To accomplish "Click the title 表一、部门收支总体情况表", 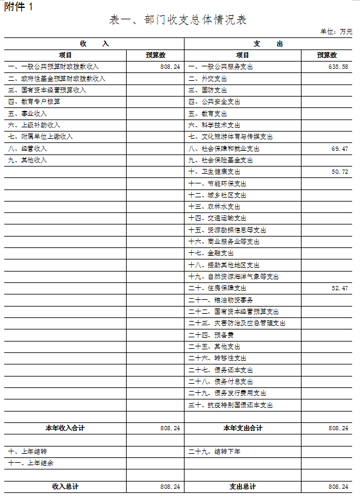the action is point(178,20).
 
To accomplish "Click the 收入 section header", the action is point(95,43).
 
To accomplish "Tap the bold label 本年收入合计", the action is point(65,428).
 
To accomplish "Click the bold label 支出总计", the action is point(242,486).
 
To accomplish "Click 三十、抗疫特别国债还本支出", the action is point(230,405).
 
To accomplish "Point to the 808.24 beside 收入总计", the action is point(170,486).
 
